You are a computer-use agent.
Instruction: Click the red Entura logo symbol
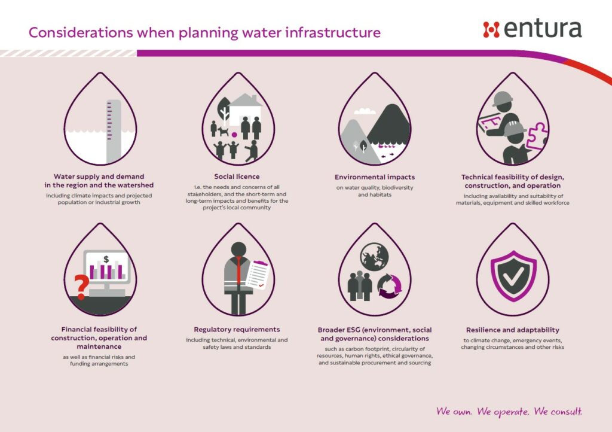pos(491,30)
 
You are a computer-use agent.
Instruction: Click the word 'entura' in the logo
pos(543,29)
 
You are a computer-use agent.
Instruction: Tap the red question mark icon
pos(81,287)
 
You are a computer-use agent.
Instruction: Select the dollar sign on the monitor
pos(106,259)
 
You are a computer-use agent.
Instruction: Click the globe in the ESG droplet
pos(374,257)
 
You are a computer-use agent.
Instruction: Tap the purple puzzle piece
pos(537,136)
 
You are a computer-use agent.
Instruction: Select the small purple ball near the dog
pos(234,135)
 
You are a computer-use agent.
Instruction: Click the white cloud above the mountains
pos(365,111)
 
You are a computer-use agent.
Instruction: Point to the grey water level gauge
pos(114,132)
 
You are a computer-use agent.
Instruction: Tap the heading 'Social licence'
pos(237,177)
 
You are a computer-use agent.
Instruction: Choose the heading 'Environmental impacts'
pos(375,177)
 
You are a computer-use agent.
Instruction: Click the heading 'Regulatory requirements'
pos(237,330)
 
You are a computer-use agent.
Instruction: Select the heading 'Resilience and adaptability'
pos(512,330)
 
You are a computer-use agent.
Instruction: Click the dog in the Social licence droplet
pos(223,131)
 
